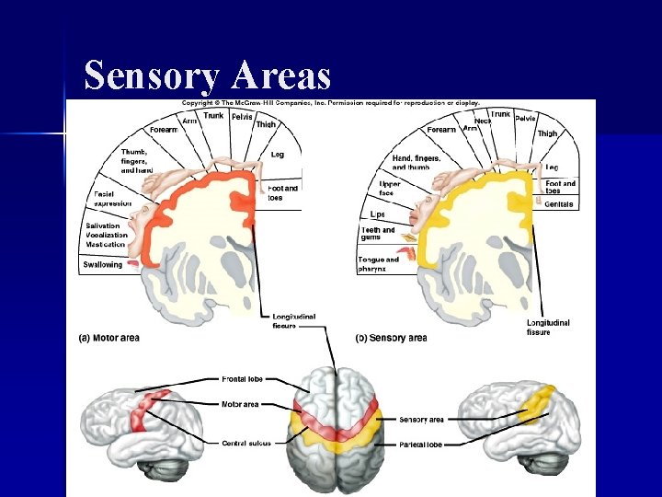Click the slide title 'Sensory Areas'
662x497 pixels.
[208, 75]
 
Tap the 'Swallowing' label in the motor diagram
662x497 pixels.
[102, 264]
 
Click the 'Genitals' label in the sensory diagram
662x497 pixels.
[559, 204]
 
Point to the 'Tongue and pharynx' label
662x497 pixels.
[378, 264]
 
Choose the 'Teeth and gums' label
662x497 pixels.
[377, 234]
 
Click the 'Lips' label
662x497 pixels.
[377, 214]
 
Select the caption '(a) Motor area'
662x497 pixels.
[108, 338]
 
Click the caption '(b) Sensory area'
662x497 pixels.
[391, 338]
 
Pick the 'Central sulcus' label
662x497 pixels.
[245, 443]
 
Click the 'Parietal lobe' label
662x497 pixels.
[420, 445]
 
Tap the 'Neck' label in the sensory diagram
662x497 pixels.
[483, 121]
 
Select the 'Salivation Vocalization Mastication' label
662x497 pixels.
[106, 236]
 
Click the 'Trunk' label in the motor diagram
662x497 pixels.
[212, 115]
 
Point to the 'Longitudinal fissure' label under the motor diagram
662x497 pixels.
[293, 320]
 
